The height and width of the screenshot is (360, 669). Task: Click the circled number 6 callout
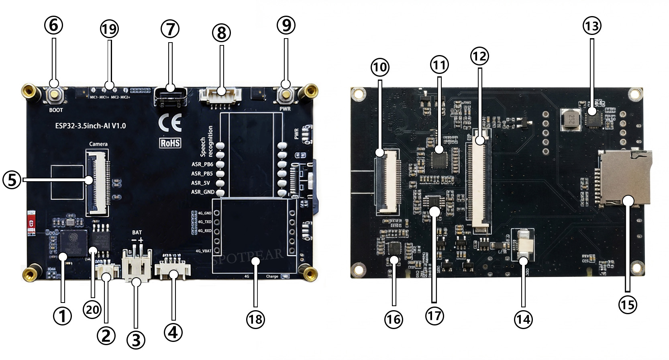(x=53, y=25)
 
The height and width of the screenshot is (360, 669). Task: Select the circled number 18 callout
(x=255, y=319)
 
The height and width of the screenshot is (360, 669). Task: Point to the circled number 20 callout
(x=92, y=310)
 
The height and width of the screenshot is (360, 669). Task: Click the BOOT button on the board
(x=54, y=95)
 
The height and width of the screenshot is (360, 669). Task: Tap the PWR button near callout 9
(x=286, y=95)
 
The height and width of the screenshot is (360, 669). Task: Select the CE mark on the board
(x=170, y=123)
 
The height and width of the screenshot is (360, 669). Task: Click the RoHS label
(x=170, y=143)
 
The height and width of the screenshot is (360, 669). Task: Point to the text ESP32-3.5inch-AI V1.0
(x=90, y=126)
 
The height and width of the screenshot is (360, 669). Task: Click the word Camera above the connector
(x=98, y=144)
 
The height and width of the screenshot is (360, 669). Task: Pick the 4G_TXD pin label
(x=204, y=222)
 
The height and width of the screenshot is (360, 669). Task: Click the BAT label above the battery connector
(x=137, y=232)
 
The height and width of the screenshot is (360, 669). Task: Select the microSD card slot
(x=624, y=178)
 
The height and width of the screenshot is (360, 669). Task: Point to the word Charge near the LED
(x=272, y=276)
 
